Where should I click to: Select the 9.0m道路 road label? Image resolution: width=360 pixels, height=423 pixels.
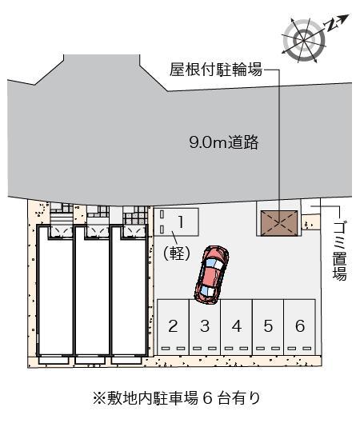[223, 143]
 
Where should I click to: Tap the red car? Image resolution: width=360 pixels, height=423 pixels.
[211, 273]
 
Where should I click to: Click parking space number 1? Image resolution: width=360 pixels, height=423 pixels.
[181, 220]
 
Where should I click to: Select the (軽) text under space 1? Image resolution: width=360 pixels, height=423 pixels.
[175, 253]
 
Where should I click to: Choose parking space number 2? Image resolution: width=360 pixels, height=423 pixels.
[173, 325]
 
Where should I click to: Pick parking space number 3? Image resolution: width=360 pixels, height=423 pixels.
[205, 325]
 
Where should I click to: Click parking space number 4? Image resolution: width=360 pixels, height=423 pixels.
[236, 325]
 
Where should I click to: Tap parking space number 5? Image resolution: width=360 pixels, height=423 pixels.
[268, 325]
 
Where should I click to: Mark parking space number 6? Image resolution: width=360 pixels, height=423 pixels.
[299, 325]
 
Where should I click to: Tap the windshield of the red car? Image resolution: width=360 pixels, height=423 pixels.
[207, 287]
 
